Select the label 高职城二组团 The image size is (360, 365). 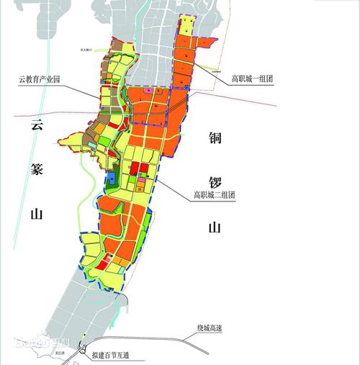[212, 194]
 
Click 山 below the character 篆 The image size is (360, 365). [36, 214]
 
